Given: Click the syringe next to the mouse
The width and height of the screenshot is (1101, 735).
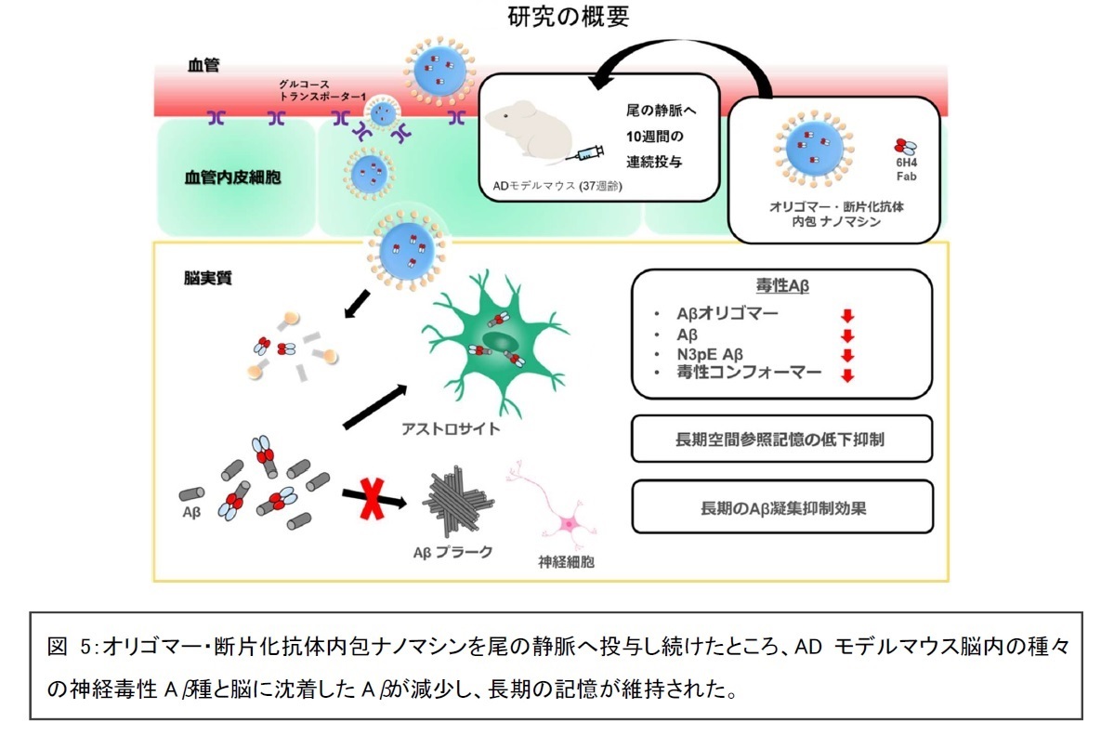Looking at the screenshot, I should tap(588, 154).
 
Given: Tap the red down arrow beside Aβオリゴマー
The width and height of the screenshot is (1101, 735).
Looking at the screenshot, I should tap(846, 316).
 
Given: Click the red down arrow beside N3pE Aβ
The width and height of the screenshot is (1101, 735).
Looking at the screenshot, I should tap(846, 356).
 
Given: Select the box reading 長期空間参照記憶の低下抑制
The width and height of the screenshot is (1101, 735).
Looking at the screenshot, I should tap(781, 439).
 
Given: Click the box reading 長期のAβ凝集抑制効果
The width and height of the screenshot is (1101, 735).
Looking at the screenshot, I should tap(781, 507).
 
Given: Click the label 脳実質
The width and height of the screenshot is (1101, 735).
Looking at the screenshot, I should tap(208, 278).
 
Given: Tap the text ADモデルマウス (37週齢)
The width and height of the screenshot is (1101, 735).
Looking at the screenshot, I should tap(557, 185).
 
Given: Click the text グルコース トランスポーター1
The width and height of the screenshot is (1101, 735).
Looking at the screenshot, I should tap(319, 89).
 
